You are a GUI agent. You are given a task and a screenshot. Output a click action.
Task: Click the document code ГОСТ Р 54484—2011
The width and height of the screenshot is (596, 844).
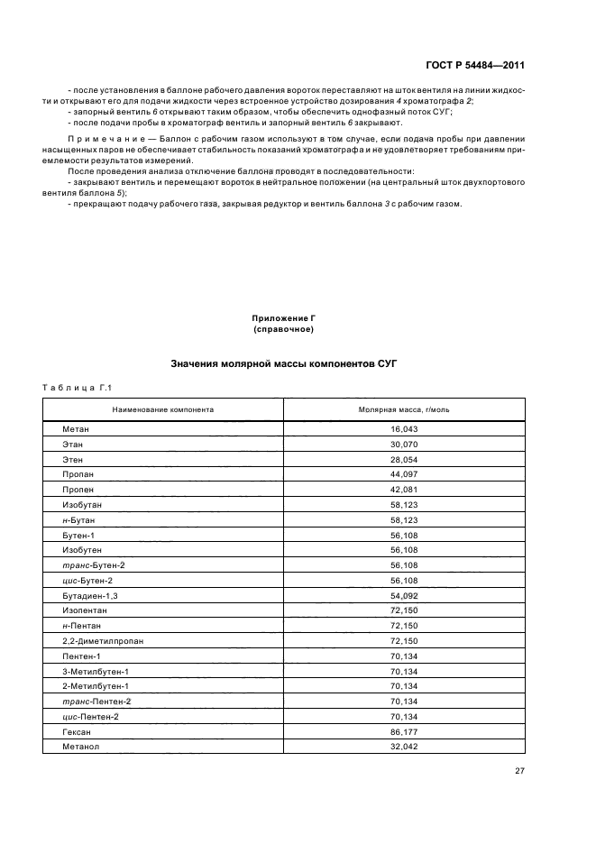[x=474, y=66]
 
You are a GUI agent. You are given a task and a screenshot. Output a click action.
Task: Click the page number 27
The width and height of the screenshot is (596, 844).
[x=519, y=770]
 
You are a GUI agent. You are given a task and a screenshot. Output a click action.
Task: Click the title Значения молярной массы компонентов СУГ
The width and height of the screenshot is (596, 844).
[x=284, y=364]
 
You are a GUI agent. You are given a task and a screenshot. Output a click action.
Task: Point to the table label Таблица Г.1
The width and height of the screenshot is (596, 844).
[x=76, y=388]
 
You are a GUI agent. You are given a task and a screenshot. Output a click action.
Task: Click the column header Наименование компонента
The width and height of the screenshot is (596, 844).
[x=162, y=408]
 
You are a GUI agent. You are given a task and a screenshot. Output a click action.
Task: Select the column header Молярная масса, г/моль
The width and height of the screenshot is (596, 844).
[x=404, y=408]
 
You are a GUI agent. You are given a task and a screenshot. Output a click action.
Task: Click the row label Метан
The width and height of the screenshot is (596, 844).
[x=76, y=429]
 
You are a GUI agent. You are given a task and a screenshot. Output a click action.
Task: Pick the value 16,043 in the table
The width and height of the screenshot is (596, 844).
[x=404, y=429]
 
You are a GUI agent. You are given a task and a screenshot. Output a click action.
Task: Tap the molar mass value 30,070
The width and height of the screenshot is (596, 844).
[x=404, y=444]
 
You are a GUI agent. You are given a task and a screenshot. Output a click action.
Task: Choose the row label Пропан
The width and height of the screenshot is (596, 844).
[x=78, y=473]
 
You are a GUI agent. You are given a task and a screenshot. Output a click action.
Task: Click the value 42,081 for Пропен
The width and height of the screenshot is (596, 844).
[x=404, y=488]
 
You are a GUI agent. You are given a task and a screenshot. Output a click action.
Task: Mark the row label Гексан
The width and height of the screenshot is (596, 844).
[x=78, y=732]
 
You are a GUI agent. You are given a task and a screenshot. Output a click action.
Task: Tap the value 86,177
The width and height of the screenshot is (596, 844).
[x=404, y=732]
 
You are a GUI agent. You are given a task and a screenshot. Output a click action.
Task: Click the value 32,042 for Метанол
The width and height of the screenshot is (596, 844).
[x=404, y=747]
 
